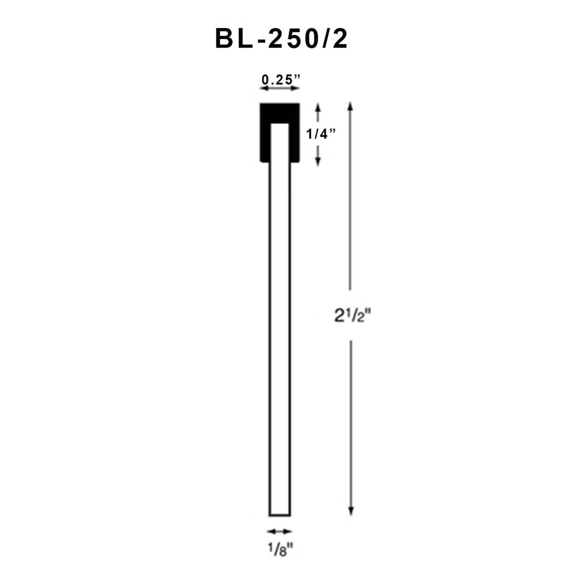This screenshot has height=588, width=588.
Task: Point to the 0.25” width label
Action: [x=279, y=79]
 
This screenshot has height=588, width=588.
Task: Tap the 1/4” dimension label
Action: [x=321, y=134]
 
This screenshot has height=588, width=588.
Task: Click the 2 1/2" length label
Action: [x=349, y=316]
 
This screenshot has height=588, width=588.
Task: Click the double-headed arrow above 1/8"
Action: [x=280, y=531]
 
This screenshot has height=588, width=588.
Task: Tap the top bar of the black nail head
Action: [x=279, y=112]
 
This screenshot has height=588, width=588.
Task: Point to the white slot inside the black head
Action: [x=280, y=143]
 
